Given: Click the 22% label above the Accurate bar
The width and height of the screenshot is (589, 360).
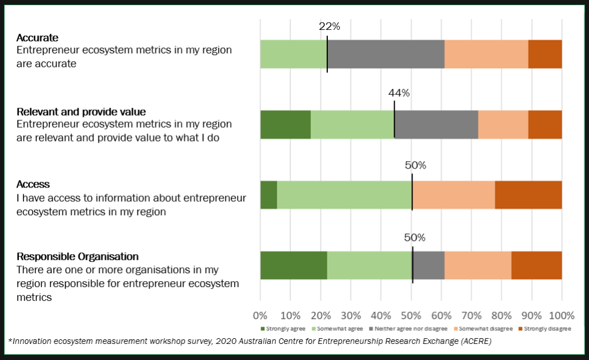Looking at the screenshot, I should coord(330,26).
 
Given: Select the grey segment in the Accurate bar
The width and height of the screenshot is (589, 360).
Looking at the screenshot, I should coord(385,54).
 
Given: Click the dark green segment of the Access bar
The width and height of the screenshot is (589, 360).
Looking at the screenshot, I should coord(269,195).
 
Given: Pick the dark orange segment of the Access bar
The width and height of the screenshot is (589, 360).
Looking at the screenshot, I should coord(528,195).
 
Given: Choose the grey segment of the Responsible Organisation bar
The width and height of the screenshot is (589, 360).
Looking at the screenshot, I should coord(429,265).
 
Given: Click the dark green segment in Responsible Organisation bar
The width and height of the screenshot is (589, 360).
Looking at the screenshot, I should coord(293,265).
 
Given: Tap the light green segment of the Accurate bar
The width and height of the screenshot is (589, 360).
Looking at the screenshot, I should coord(293,54).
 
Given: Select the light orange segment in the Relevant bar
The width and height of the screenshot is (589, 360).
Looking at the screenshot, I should coord(503,125).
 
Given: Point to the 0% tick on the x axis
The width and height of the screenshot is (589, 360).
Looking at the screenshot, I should coord(261,315).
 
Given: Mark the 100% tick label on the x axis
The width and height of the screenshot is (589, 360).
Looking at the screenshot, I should coord(561,315).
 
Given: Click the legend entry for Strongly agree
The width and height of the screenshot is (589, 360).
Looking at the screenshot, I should coord(286,329).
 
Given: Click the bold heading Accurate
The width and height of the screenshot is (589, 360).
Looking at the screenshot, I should coord(37,38).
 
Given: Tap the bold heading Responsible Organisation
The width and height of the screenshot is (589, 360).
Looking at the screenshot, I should coord(78,256).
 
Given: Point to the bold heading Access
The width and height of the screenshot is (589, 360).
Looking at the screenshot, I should coord(33,185).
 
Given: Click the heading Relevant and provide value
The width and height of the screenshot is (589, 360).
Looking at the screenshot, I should coord(81,112).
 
